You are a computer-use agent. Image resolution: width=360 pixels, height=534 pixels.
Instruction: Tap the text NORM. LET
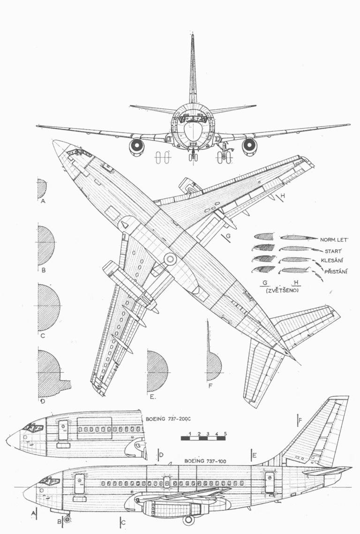point(334,240)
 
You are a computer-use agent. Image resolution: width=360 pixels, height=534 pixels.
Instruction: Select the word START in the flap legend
point(333,251)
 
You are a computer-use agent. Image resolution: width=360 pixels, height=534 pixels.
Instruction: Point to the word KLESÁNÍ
point(332,261)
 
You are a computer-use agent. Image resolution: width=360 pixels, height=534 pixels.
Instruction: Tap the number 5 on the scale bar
point(225,434)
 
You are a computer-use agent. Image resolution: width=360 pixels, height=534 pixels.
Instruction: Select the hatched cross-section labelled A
point(42,188)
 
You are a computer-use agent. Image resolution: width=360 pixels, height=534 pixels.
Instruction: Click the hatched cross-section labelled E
point(157,372)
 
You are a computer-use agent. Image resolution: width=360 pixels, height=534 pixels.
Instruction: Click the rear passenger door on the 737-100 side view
point(270,482)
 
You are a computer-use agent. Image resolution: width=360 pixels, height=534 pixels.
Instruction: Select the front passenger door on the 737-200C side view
point(63,430)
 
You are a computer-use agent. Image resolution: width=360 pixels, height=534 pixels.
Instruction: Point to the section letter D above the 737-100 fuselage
point(162,455)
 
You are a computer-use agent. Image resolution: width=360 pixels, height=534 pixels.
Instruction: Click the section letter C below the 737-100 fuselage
point(124,522)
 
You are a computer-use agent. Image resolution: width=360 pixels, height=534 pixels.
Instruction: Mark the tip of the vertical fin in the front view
point(193,34)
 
